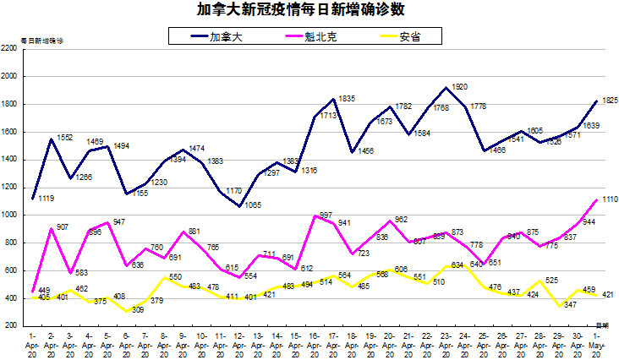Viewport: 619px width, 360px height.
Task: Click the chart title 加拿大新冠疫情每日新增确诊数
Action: click(310, 9)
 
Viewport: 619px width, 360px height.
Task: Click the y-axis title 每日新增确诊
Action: click(42, 40)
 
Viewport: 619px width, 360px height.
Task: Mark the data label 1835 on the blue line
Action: click(346, 99)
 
